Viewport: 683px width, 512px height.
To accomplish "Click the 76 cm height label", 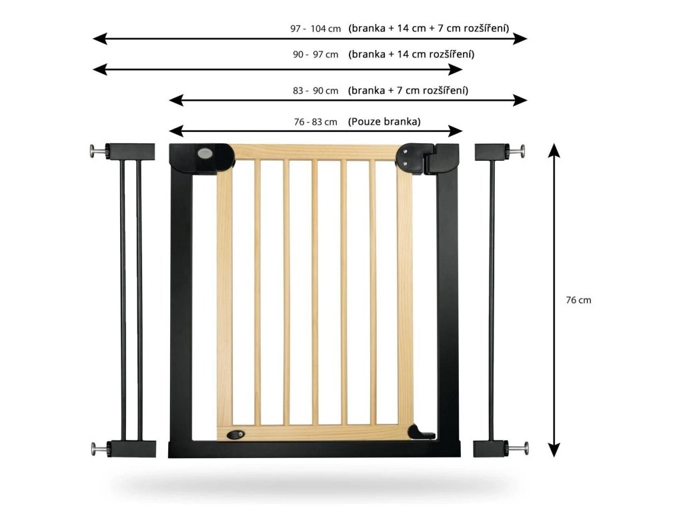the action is click(x=578, y=300).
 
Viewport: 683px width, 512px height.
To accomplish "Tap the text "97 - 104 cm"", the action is click(x=315, y=29).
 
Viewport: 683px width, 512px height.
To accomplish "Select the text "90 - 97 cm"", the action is click(x=315, y=55).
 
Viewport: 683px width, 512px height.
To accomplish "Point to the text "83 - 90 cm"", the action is click(x=315, y=91).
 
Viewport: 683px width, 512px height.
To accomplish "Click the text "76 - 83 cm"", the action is click(x=315, y=122).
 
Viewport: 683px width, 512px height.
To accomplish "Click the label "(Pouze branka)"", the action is click(x=384, y=122).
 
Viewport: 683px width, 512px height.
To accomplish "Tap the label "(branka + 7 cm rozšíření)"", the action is click(x=408, y=91).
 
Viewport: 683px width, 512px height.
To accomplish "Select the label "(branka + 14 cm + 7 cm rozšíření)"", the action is click(x=429, y=29).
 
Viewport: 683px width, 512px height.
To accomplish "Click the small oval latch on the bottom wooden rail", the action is click(x=236, y=434).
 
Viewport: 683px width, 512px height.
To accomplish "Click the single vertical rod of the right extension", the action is click(x=492, y=300).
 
